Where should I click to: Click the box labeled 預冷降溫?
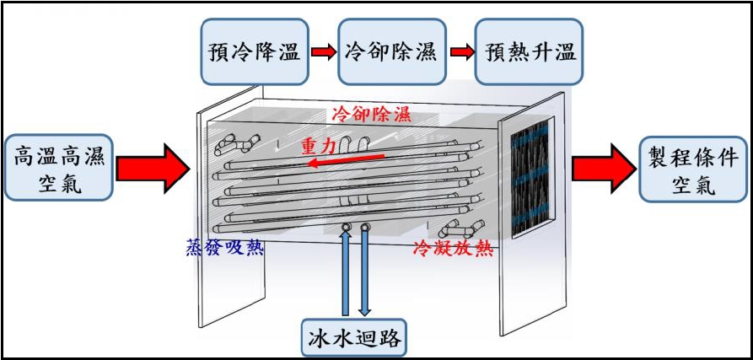[254, 52]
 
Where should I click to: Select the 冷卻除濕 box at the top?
[390, 52]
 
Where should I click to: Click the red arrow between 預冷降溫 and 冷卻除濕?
[322, 52]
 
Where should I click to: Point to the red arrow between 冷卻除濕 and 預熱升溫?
[460, 52]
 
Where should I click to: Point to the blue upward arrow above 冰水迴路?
[346, 270]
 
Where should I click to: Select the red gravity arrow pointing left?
[346, 160]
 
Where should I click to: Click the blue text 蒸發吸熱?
[224, 247]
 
